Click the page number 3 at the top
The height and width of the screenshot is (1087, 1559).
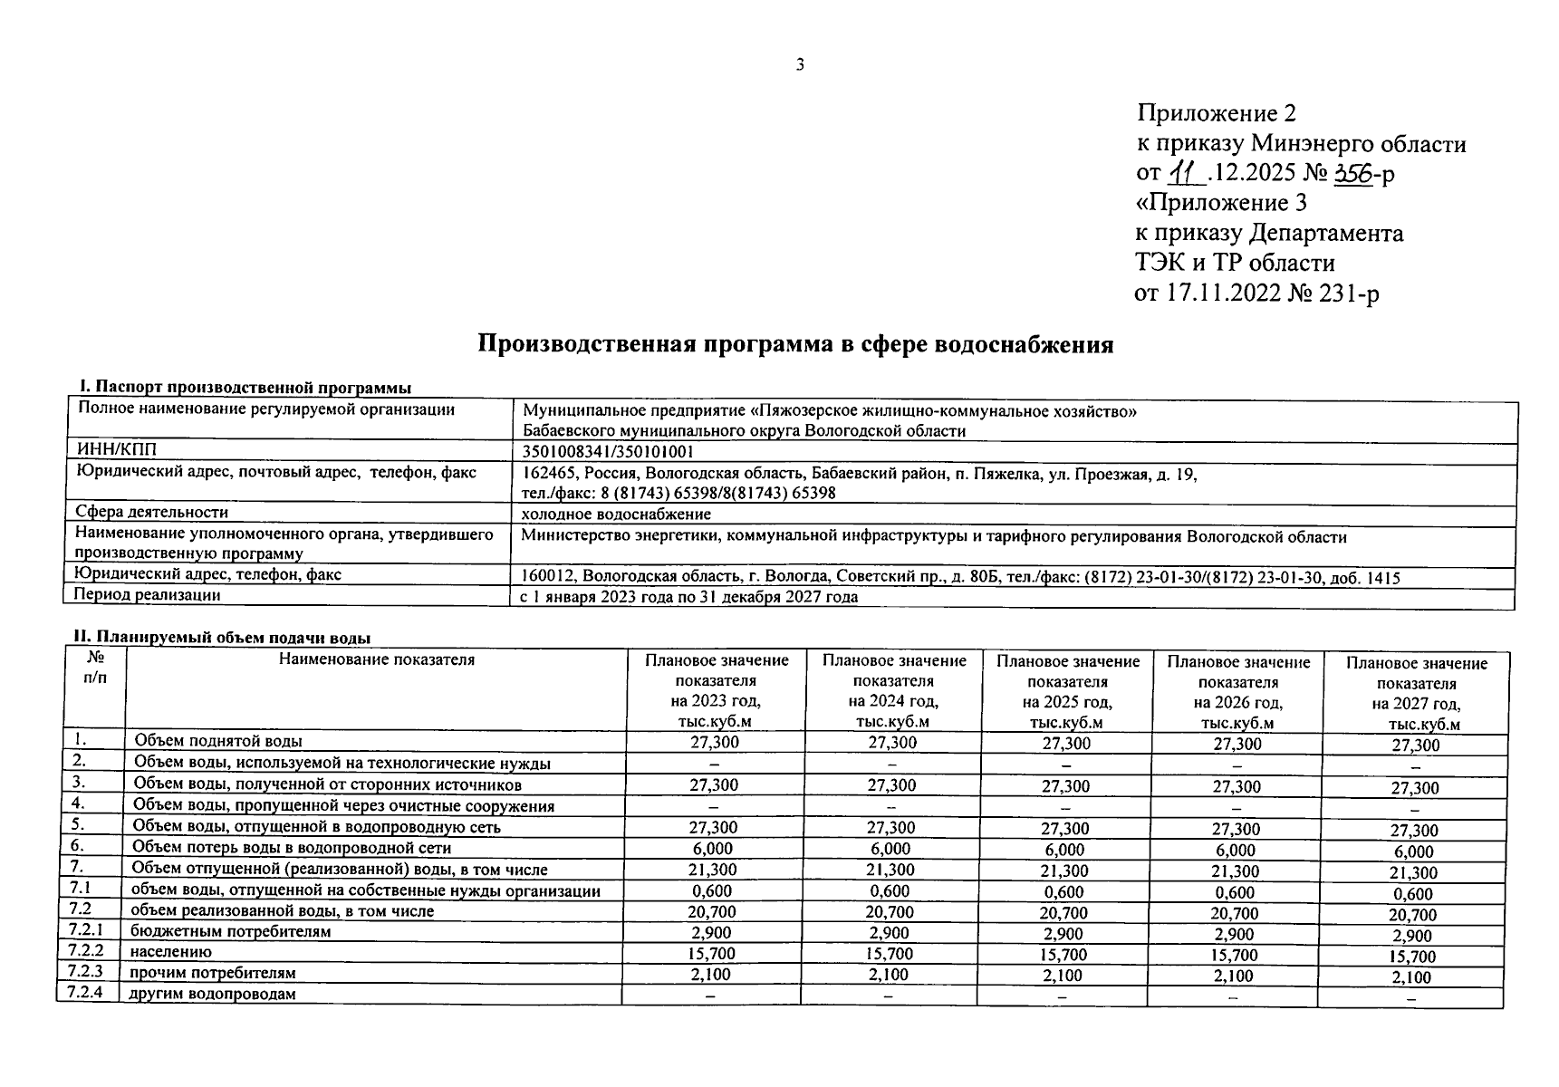coord(800,64)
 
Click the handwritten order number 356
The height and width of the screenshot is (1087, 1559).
coord(1353,172)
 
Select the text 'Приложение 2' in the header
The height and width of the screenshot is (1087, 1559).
coord(1217,113)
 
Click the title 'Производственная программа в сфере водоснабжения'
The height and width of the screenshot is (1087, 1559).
coord(795,345)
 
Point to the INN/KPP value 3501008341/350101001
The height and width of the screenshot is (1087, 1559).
coord(609,452)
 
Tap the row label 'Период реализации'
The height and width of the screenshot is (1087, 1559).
coord(148,595)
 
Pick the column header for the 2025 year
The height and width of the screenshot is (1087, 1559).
coord(1067,691)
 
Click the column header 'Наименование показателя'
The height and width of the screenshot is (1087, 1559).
coord(376,659)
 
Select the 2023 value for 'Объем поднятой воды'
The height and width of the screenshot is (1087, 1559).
coord(714,743)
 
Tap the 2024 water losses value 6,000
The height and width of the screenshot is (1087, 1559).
coord(890,849)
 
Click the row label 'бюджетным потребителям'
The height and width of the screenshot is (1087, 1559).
coord(230,931)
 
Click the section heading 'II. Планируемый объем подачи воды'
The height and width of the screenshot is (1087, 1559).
coord(222,638)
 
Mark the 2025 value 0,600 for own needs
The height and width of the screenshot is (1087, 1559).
coord(1064,892)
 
